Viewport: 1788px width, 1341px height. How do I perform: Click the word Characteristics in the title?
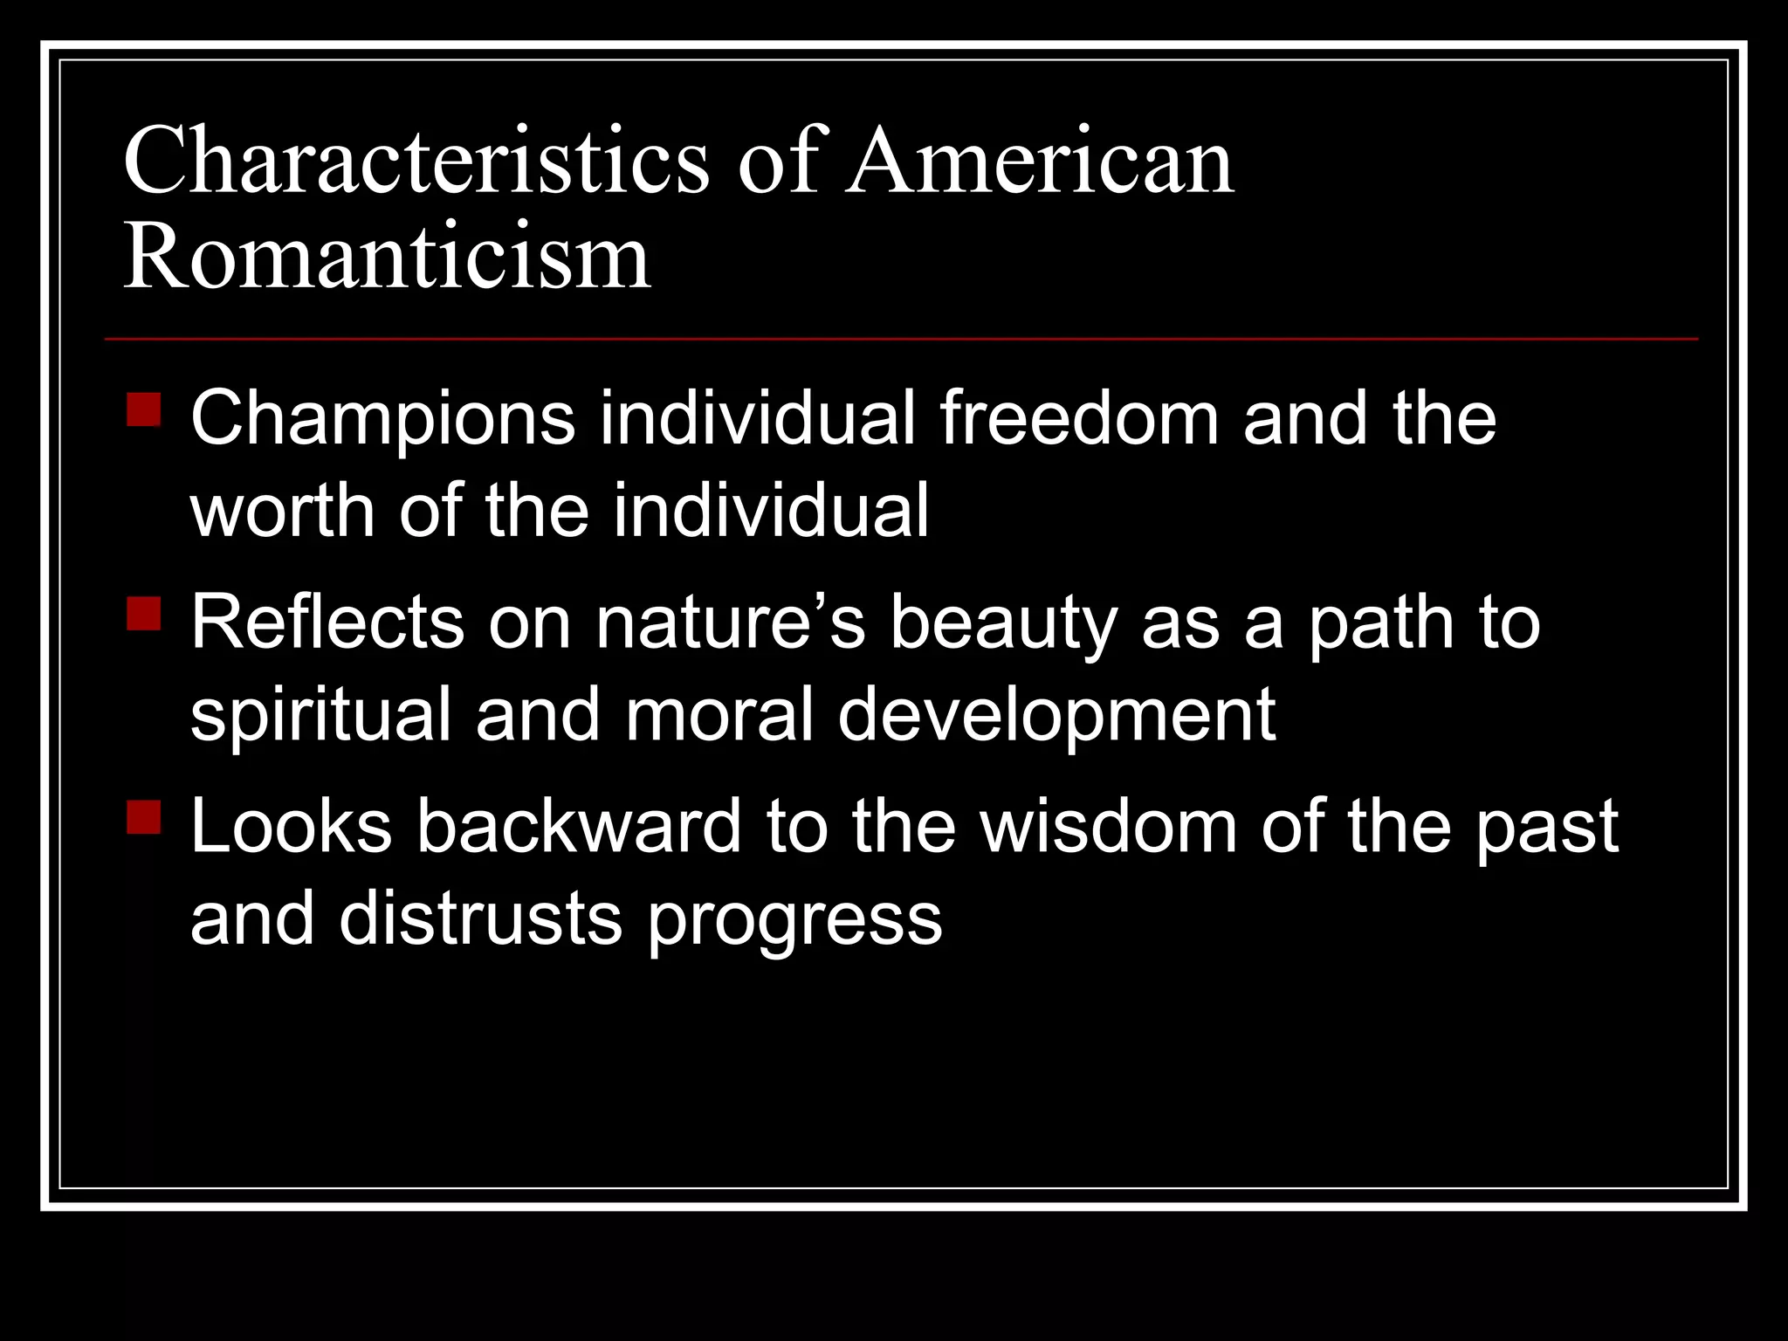416,162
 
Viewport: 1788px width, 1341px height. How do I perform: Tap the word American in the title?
1041,162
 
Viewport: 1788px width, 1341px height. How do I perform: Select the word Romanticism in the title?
387,258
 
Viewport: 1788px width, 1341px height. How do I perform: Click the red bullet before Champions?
144,409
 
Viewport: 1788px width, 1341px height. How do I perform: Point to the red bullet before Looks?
144,817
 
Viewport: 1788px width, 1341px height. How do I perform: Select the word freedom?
1079,419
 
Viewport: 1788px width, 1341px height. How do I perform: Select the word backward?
579,827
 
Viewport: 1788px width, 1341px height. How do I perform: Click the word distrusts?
481,918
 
